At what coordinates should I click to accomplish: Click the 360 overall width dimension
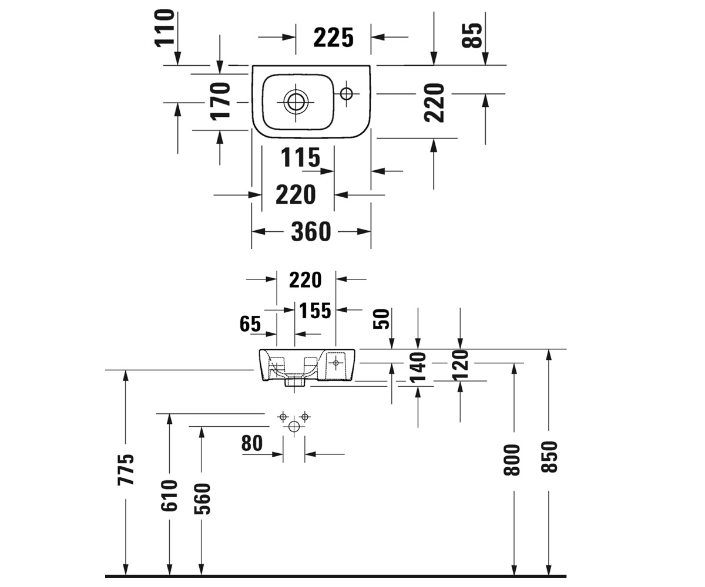tap(311, 231)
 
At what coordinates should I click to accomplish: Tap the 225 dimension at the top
tap(333, 38)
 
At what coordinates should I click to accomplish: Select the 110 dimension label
tap(164, 28)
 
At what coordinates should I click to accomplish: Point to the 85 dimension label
tap(472, 35)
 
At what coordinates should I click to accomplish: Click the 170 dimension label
tap(220, 102)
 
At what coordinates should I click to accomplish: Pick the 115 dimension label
tap(300, 157)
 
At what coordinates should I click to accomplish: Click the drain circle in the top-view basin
tap(296, 102)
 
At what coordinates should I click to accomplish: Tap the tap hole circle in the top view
tap(347, 93)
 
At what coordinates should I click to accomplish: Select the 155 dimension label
tap(315, 311)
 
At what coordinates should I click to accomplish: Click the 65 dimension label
tap(250, 324)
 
